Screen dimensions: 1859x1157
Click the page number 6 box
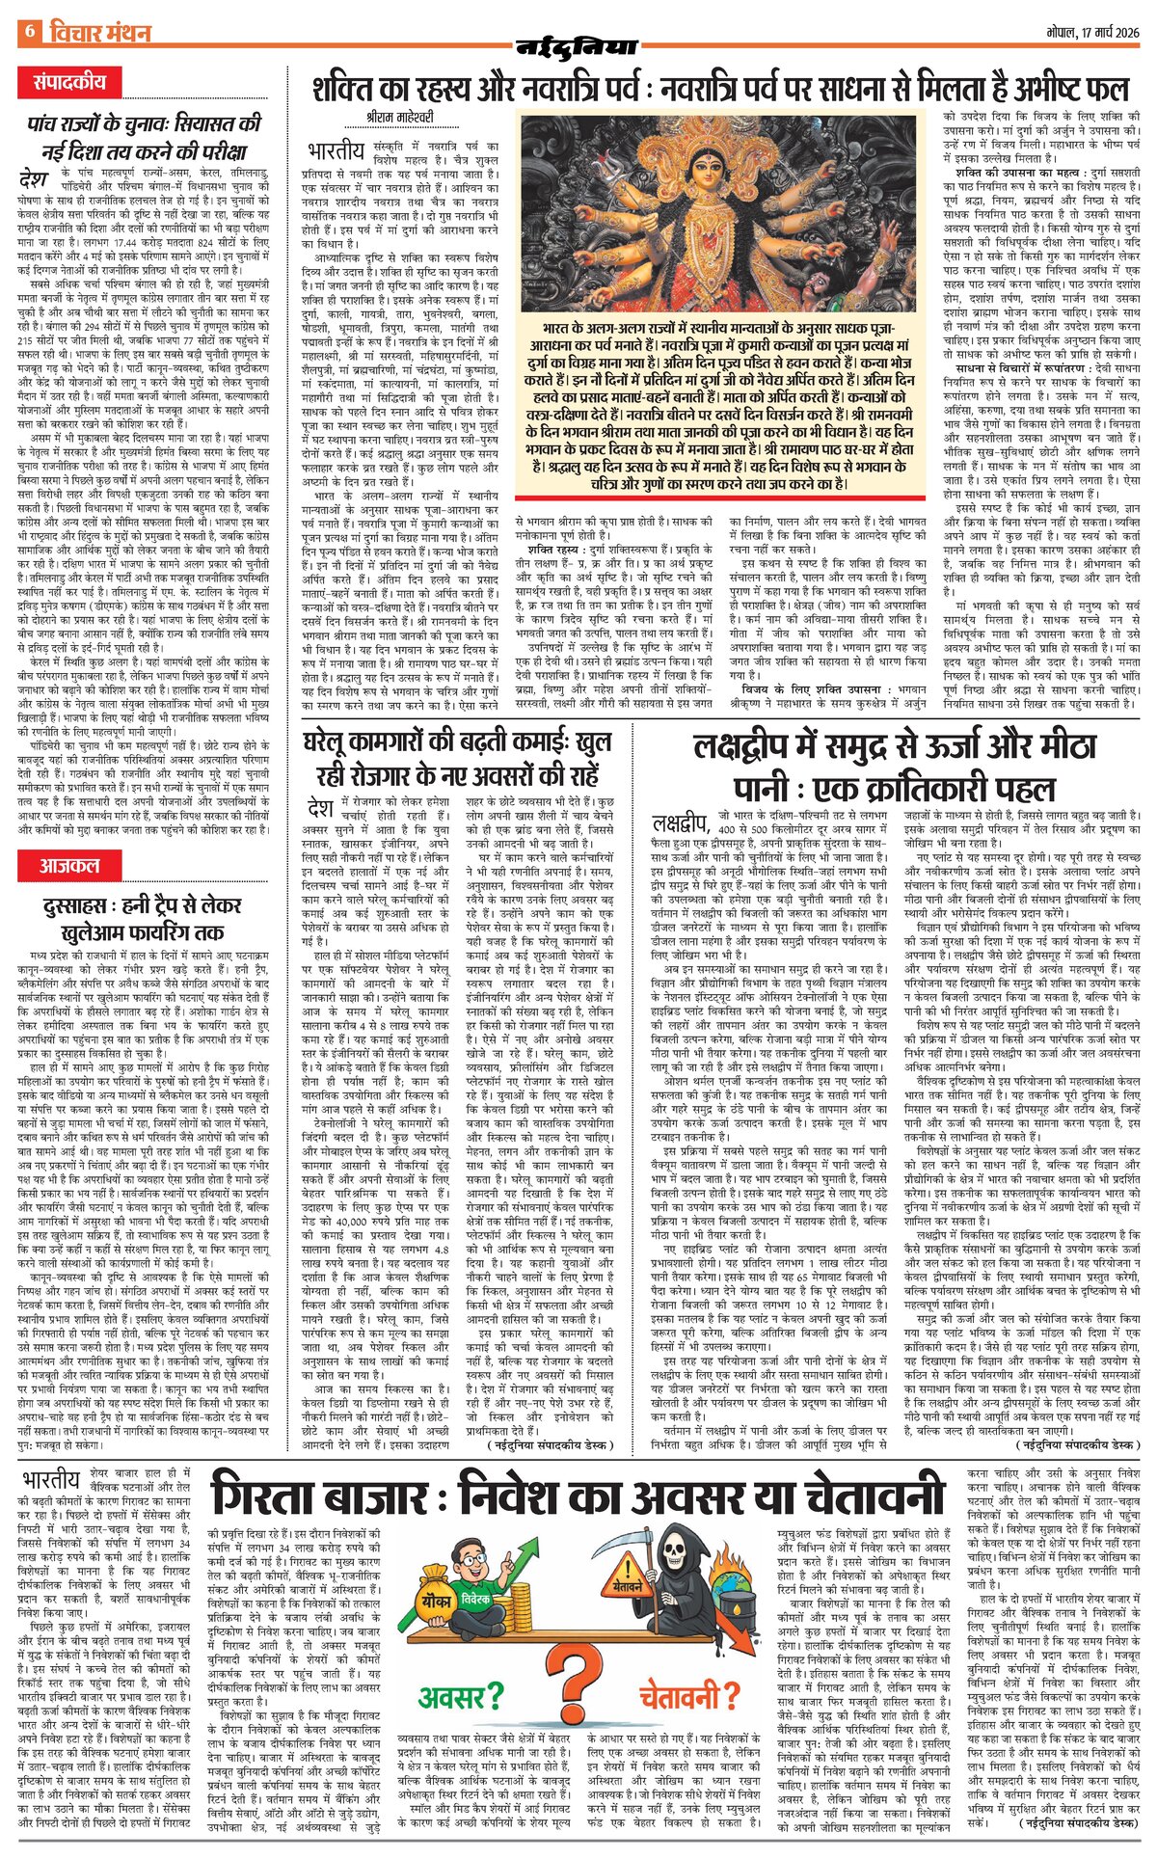(x=28, y=31)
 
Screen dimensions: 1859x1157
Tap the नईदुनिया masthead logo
(x=578, y=46)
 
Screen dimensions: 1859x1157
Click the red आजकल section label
(x=70, y=864)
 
